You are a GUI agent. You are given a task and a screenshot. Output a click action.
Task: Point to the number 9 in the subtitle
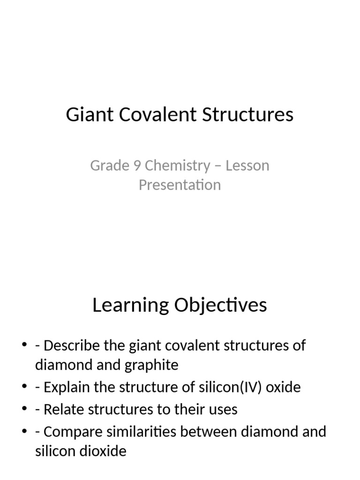136,165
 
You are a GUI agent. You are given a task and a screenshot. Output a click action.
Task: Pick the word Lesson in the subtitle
247,165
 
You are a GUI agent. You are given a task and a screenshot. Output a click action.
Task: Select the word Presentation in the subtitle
180,185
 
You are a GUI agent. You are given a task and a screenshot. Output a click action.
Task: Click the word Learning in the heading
130,305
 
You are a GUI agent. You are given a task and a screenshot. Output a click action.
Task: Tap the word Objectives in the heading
220,305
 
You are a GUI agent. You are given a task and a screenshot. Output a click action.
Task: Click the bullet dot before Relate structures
24,409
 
